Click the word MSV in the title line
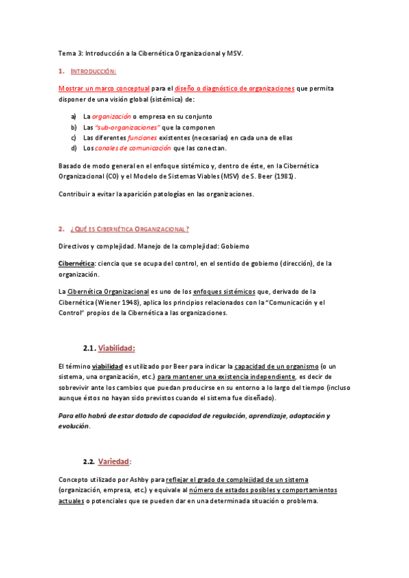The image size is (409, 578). [234, 53]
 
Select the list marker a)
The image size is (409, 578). [74, 117]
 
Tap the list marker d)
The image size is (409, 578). [74, 148]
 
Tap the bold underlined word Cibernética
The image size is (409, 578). [76, 264]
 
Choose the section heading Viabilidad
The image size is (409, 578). [117, 348]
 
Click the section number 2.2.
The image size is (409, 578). [87, 461]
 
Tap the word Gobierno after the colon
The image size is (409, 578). [234, 245]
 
